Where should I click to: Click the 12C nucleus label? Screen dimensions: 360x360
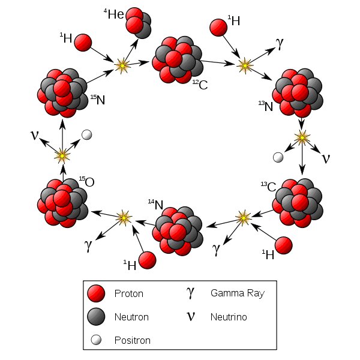[200, 85]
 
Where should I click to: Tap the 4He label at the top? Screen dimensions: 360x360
[114, 14]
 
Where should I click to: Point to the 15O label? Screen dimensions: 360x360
[86, 182]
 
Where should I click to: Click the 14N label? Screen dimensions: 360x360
[155, 205]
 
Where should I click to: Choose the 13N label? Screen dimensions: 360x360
[265, 107]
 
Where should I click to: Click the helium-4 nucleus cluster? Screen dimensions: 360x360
[138, 22]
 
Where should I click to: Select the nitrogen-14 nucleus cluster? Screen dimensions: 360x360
[178, 230]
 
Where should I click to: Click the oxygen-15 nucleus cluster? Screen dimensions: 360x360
[62, 202]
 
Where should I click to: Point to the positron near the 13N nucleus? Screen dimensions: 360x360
[277, 157]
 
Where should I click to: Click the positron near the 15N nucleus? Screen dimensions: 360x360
[87, 134]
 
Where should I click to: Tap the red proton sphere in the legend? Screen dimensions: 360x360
[96, 294]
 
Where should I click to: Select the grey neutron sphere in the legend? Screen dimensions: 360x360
[96, 317]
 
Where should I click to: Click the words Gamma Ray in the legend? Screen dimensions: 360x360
[237, 293]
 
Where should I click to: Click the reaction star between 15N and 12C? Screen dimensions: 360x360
[123, 65]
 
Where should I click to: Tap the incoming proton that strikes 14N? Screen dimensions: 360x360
[147, 260]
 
